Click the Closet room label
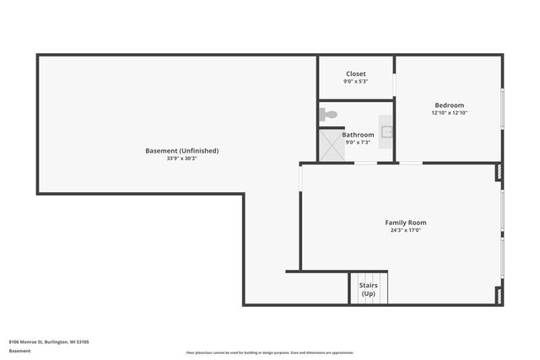(355, 73)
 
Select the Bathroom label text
(358, 134)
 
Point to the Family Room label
(405, 223)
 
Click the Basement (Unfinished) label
(181, 151)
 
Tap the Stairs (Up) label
(369, 289)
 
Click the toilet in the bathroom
(327, 114)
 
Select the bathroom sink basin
(386, 132)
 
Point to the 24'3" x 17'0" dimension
(405, 230)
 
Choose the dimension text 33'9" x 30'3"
(181, 159)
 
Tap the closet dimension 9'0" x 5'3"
(355, 82)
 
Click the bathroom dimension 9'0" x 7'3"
(358, 142)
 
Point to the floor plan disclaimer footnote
(269, 352)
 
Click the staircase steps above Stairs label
(369, 277)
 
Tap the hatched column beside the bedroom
(499, 172)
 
